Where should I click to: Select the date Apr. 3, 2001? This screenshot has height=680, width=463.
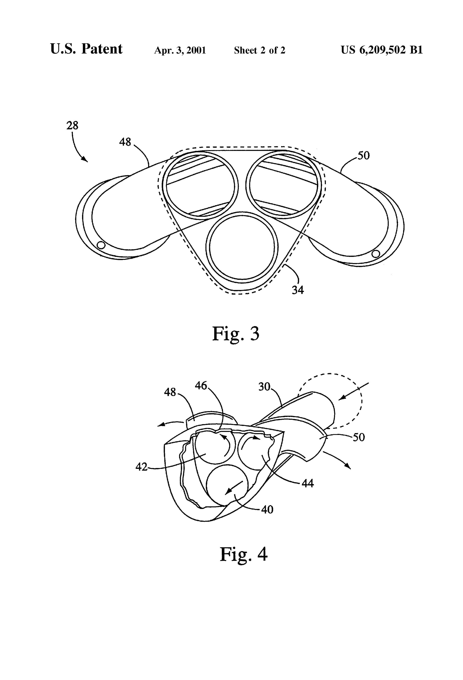tap(180, 50)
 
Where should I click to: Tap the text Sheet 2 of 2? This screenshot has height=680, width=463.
tap(259, 50)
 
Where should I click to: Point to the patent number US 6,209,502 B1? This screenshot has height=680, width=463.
tap(382, 50)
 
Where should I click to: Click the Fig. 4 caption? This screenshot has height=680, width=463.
tap(243, 554)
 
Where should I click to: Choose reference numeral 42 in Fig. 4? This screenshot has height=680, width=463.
tap(141, 467)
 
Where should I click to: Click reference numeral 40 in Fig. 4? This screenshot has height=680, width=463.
tap(267, 509)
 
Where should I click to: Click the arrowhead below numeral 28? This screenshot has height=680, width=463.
tap(85, 159)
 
